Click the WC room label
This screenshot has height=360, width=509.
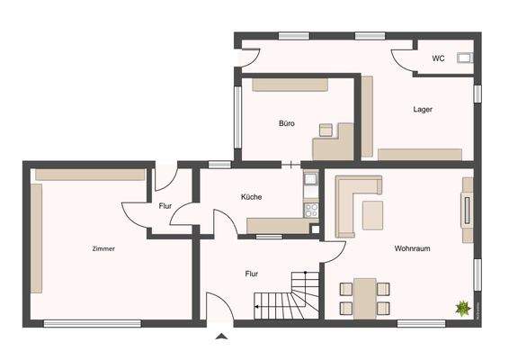coord(438,59)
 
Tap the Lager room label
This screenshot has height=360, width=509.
coord(423,110)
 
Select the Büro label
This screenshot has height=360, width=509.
coord(286,123)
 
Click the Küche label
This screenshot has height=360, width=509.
coord(251,196)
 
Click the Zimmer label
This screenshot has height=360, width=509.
coord(103,248)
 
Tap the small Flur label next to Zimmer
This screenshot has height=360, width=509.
coord(165,206)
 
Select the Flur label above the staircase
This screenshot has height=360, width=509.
coord(253,272)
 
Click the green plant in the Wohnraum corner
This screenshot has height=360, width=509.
coord(462,309)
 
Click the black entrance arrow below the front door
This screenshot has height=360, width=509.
coord(222,337)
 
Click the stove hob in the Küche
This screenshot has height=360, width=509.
coord(312,211)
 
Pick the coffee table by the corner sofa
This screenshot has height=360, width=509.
coord(371,214)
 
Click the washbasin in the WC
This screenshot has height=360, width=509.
coord(464,59)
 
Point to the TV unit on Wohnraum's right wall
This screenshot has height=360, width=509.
coord(468,210)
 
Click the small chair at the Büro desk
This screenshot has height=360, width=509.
coord(326,130)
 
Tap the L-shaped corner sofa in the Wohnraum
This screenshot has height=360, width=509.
coord(349,198)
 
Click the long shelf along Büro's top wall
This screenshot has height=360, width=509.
coord(290,85)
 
